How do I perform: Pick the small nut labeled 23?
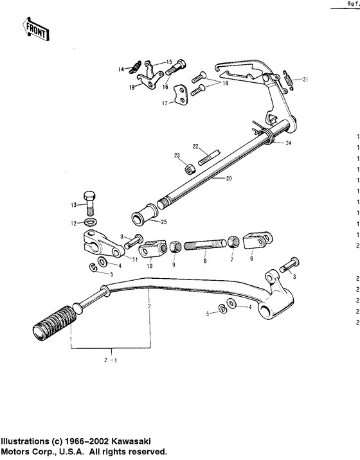(x=190, y=170)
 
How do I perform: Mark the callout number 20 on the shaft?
(x=230, y=179)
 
